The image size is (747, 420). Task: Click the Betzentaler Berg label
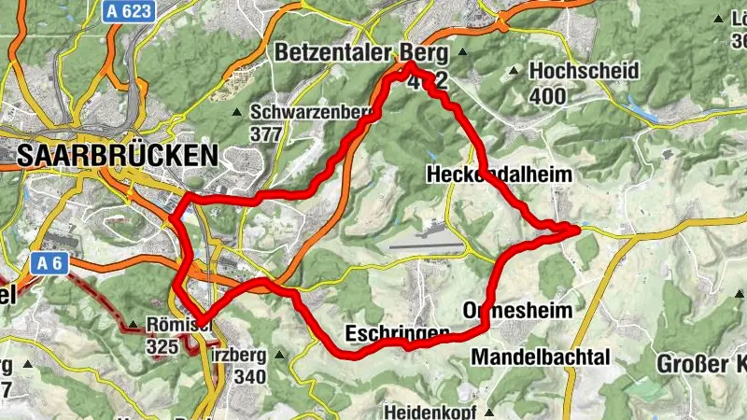pyautogui.click(x=356, y=53)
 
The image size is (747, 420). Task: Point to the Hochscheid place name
pyautogui.click(x=584, y=71)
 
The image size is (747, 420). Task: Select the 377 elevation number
pyautogui.click(x=266, y=133)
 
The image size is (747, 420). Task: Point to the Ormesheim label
pyautogui.click(x=517, y=309)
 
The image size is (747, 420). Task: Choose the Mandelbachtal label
pyautogui.click(x=541, y=357)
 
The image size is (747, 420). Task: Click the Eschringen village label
pyautogui.click(x=398, y=333)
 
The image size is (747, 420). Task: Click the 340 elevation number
pyautogui.click(x=251, y=377)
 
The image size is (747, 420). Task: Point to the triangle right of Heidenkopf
pyautogui.click(x=489, y=410)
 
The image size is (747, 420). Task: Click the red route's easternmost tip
pyautogui.click(x=578, y=227)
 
